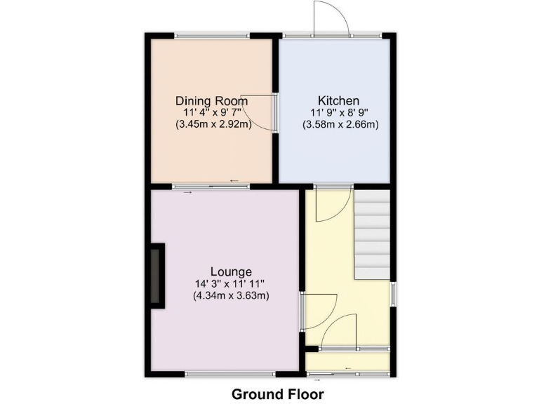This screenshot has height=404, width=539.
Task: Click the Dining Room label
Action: click(x=211, y=100)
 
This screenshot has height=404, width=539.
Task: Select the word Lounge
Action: click(x=231, y=271)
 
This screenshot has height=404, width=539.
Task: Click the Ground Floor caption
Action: click(x=278, y=393)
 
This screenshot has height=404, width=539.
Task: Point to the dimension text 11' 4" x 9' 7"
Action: click(x=211, y=112)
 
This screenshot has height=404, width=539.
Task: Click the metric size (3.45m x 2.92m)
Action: click(x=213, y=124)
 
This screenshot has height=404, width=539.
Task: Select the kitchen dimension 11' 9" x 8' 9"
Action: click(x=340, y=112)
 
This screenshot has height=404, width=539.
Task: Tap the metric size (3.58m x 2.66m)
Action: click(x=340, y=124)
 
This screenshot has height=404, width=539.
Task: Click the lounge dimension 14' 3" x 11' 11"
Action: click(x=231, y=283)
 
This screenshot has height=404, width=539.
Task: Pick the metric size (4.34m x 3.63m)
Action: click(x=232, y=295)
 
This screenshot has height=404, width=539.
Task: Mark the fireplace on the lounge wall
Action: click(x=157, y=276)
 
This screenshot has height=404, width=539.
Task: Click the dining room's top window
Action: click(x=211, y=34)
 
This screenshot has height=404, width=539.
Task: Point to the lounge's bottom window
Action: click(x=230, y=375)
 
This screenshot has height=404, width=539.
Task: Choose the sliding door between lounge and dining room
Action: click(x=211, y=187)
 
